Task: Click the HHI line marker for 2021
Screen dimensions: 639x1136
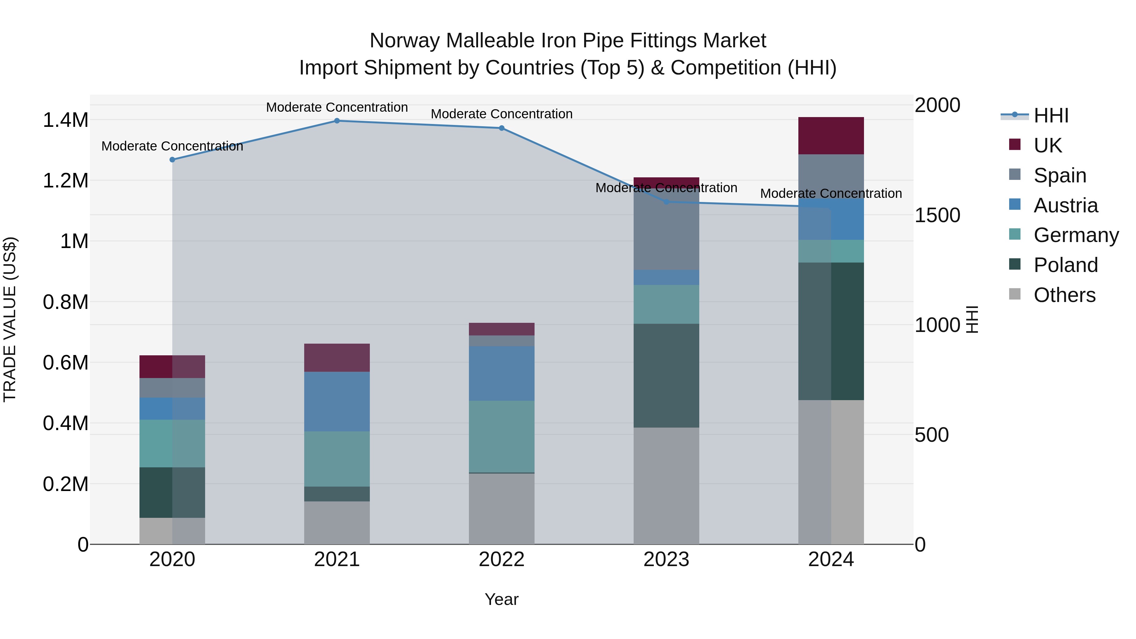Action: pos(337,121)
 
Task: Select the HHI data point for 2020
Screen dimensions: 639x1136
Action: pos(172,160)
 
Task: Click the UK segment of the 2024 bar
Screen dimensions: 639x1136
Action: pos(831,136)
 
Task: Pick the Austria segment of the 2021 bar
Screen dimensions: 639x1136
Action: pos(337,401)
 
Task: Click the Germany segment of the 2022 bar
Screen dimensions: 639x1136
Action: pos(501,437)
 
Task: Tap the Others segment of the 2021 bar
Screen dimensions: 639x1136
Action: pos(337,523)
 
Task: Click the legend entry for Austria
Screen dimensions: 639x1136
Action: pos(1065,205)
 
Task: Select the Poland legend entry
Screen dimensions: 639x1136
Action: pos(1065,265)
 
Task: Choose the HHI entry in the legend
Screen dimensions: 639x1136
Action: pos(1050,115)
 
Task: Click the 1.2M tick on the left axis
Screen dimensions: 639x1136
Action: pos(65,181)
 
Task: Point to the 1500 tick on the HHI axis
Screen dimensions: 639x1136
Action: pos(937,215)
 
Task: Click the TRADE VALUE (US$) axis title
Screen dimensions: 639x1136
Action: pos(10,319)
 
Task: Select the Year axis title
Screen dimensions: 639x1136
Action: pos(501,599)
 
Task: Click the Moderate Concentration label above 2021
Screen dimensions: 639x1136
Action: pos(337,107)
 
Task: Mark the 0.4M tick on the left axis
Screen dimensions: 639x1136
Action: pos(65,423)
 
